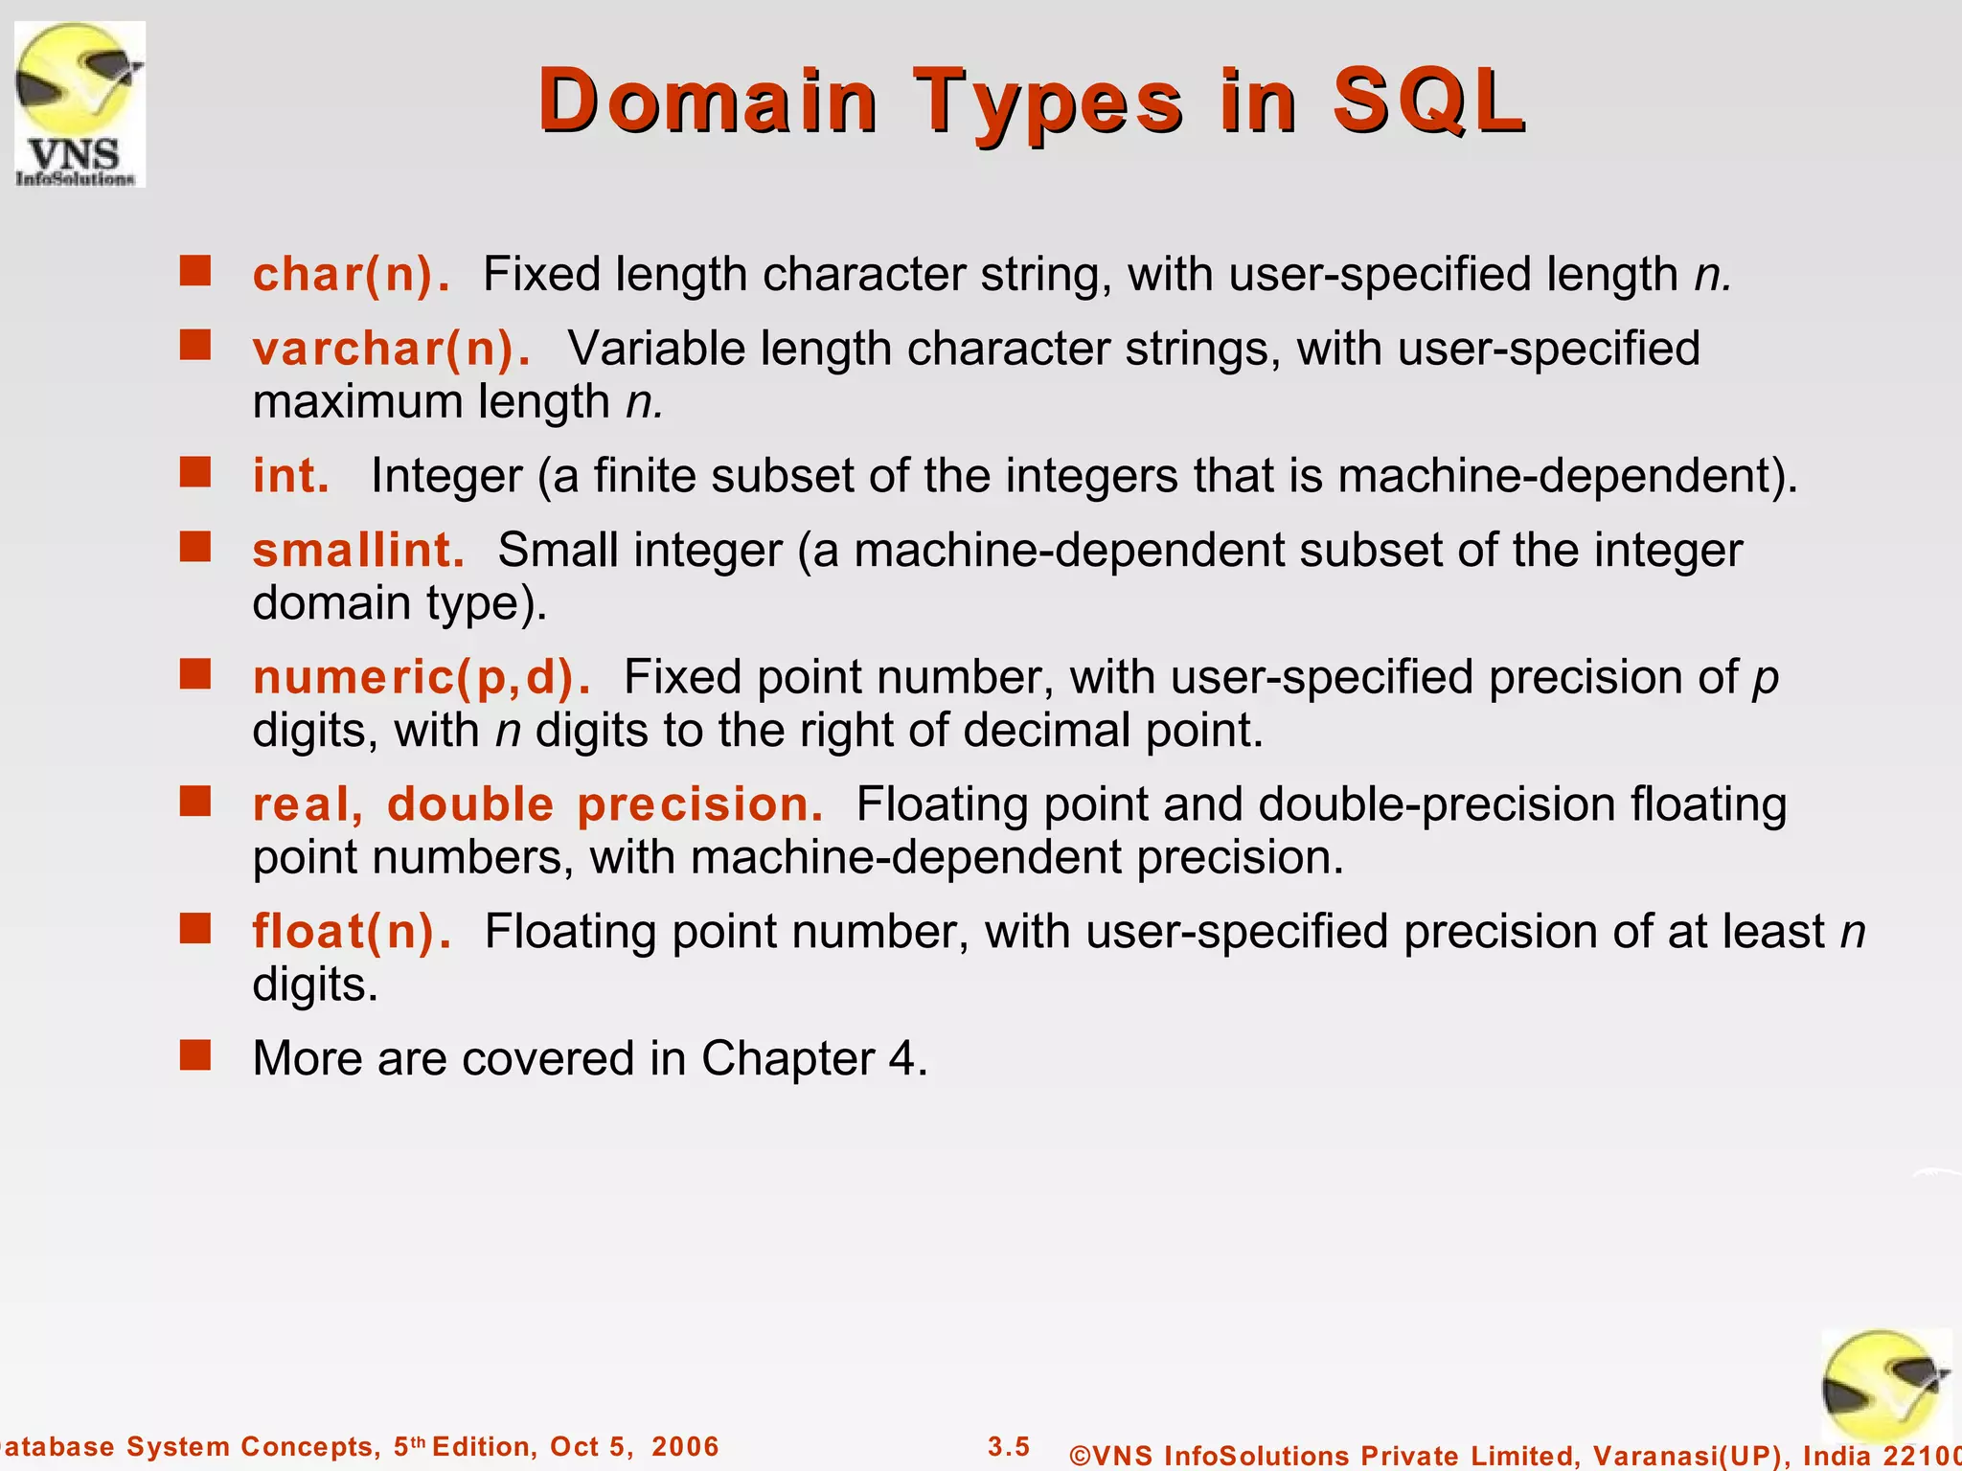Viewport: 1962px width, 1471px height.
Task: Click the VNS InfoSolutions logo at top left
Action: pos(80,103)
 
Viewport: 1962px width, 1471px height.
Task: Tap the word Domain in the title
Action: pos(707,102)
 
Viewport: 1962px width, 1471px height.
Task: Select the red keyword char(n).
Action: pos(351,275)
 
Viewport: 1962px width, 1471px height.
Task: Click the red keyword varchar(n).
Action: pos(391,349)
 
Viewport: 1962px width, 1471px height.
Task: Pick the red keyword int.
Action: pos(290,476)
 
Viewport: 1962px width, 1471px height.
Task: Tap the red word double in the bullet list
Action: pos(470,804)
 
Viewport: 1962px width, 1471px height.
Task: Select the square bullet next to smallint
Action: pos(195,548)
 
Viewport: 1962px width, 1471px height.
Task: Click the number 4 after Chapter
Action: pos(902,1059)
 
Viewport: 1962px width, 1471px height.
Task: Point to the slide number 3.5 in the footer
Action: pos(1009,1446)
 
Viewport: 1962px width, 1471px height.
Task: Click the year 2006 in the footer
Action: pos(685,1446)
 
